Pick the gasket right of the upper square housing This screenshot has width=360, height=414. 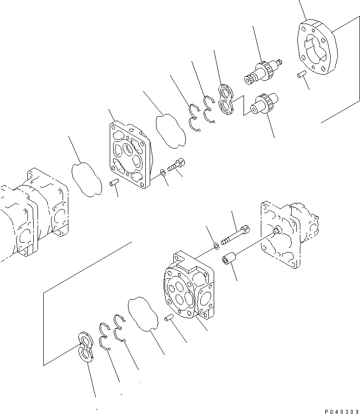pyautogui.click(x=171, y=128)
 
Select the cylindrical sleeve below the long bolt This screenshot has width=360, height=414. pyautogui.click(x=228, y=260)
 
